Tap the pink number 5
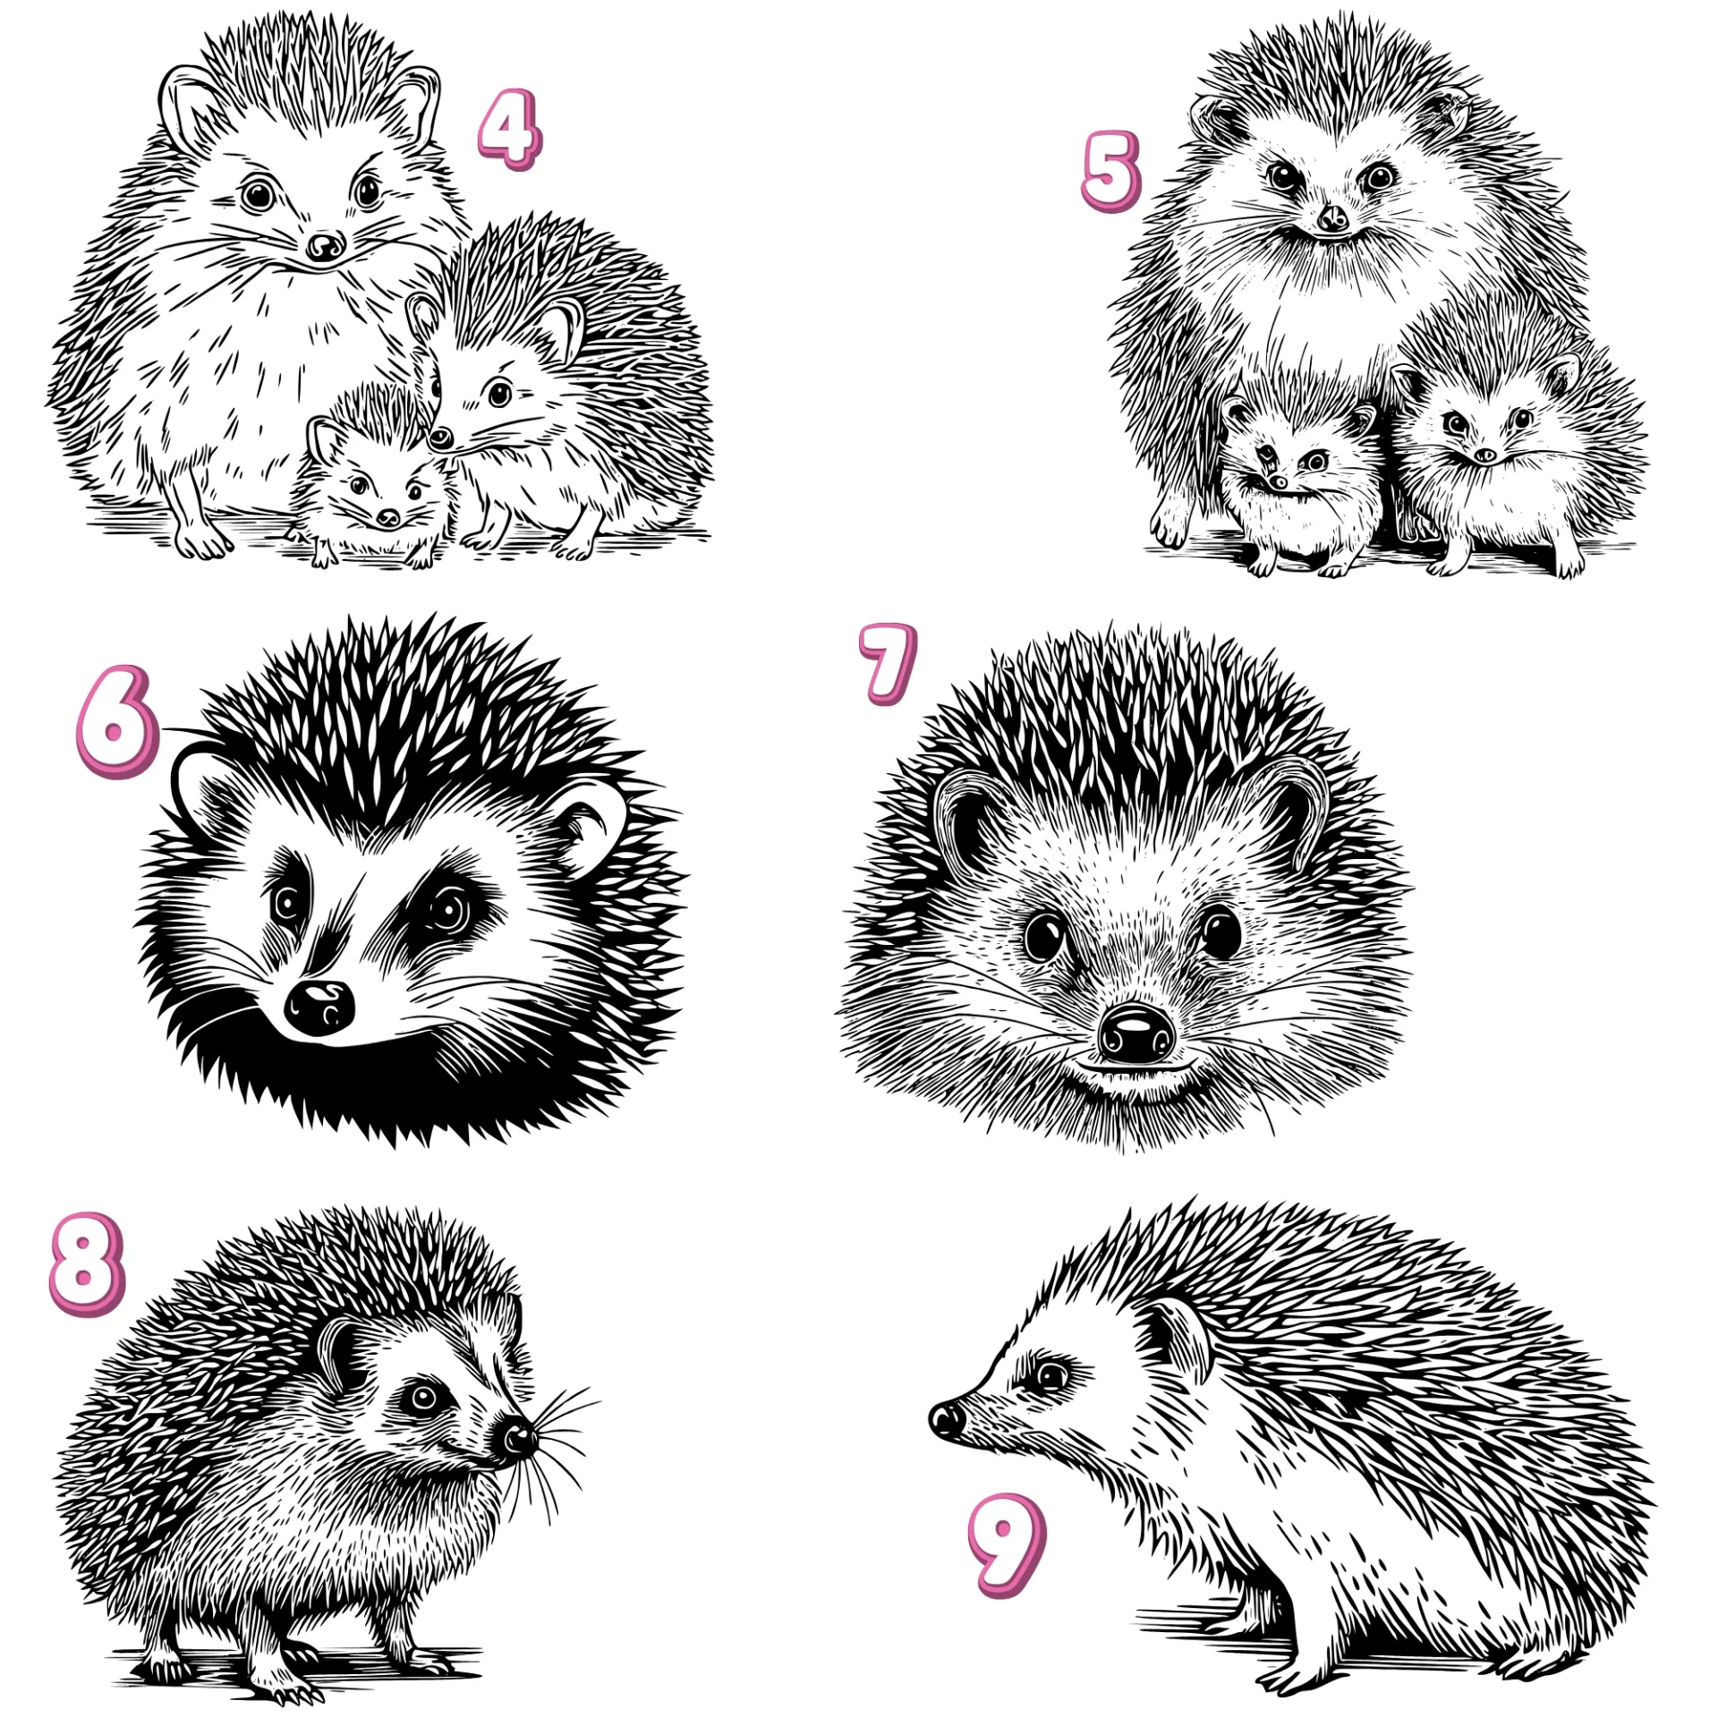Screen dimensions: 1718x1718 (x=1110, y=171)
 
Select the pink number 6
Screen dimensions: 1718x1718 (x=116, y=721)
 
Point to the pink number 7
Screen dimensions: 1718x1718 (x=888, y=664)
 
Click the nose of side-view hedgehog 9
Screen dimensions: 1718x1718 (x=947, y=1419)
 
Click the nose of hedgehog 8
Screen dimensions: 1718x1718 (x=517, y=1436)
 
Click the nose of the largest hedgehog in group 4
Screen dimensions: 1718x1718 (x=324, y=245)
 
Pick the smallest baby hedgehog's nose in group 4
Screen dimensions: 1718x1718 (x=388, y=517)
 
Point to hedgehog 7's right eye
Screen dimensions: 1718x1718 (x=1220, y=932)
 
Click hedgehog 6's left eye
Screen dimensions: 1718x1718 (x=288, y=904)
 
